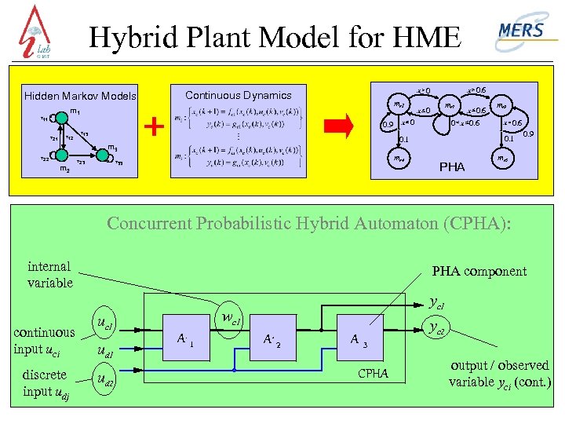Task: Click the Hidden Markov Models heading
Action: coord(80,97)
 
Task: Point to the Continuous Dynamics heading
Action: coord(238,95)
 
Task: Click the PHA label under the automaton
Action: coord(452,167)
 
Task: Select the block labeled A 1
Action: coord(186,339)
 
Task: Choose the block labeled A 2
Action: coord(273,339)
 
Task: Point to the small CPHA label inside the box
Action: coord(374,374)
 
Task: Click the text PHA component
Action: coord(479,272)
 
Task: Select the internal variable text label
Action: coord(49,275)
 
